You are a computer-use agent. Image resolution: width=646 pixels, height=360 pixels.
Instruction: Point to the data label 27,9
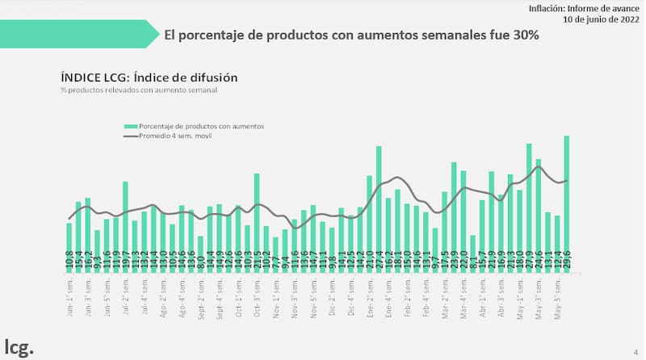click(529, 262)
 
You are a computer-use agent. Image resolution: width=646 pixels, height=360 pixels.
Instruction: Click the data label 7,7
click(275, 262)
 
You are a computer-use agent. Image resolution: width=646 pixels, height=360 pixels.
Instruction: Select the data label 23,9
click(454, 262)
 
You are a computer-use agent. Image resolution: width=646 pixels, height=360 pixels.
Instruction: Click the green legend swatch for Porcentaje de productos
click(129, 127)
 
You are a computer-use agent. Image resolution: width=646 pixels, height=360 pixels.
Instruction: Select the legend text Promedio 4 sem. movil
click(177, 136)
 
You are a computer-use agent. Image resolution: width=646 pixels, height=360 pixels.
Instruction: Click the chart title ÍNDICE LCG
click(149, 77)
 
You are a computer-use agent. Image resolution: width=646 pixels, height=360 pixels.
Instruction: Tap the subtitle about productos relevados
click(138, 90)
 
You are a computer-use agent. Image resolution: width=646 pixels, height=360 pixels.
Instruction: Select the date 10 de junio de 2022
click(596, 19)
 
